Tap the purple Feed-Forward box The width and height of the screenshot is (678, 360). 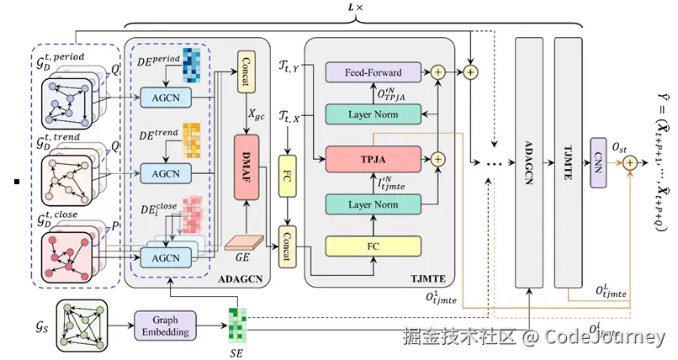click(372, 74)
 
